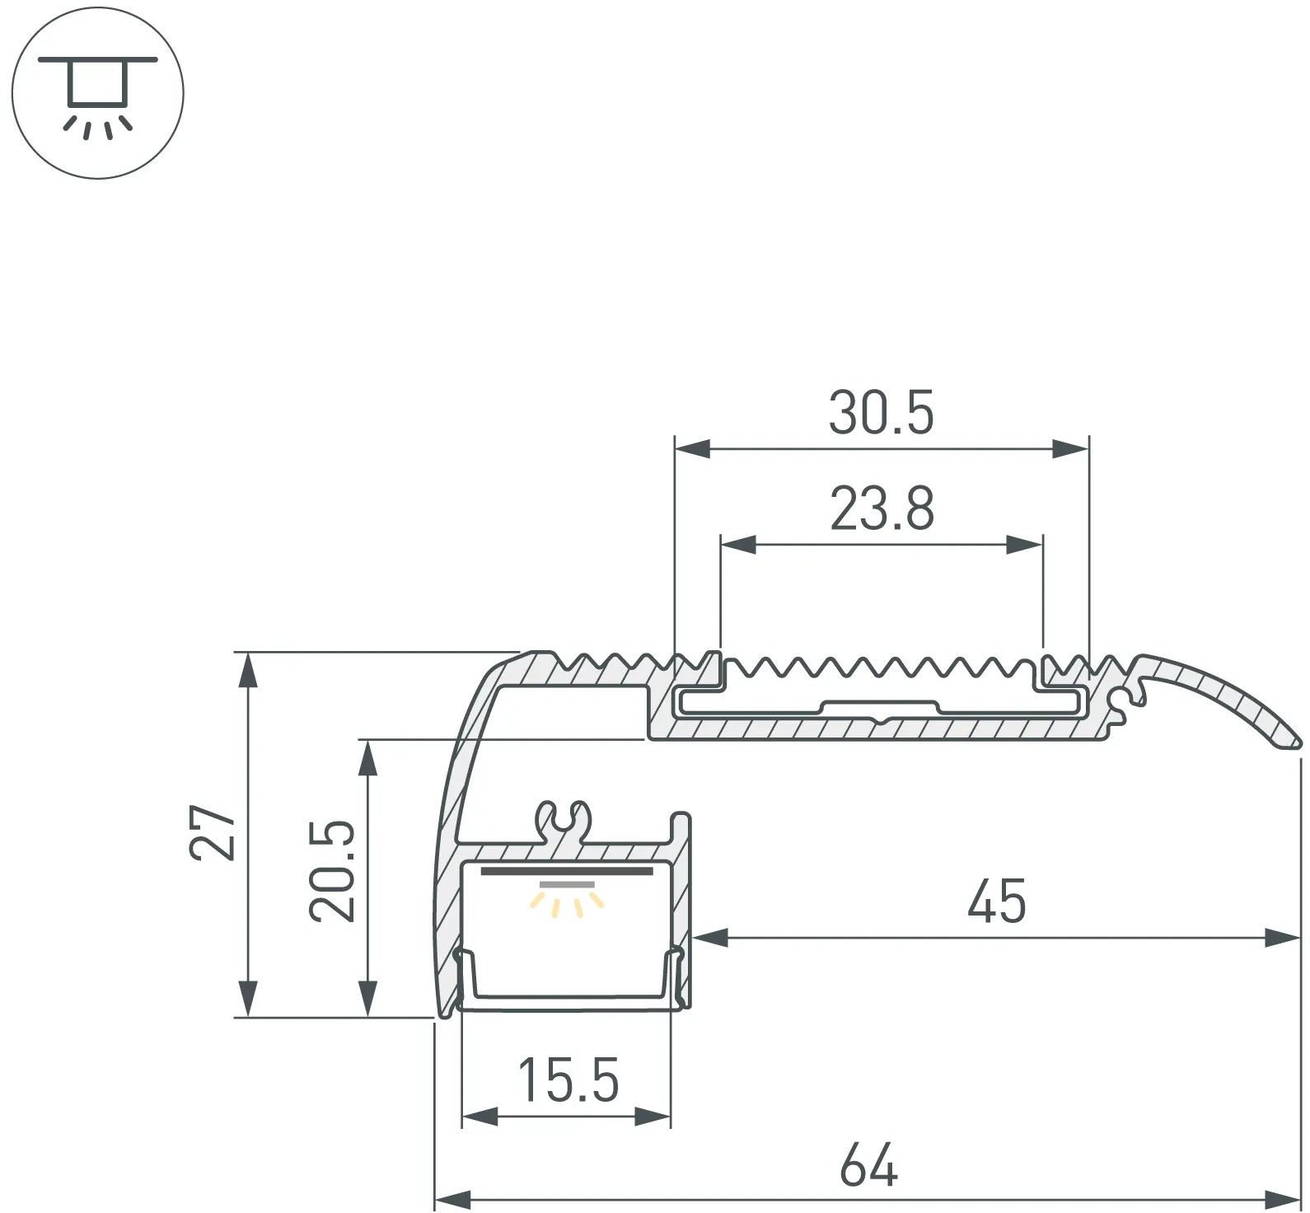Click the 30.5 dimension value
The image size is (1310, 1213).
[x=881, y=413]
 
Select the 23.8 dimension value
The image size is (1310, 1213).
[x=882, y=508]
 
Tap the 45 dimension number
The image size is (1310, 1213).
[x=997, y=901]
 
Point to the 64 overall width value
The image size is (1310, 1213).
[x=868, y=1165]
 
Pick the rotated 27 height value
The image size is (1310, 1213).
[x=213, y=833]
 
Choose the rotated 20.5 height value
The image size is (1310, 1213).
[x=332, y=870]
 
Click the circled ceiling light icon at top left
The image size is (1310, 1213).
[x=98, y=92]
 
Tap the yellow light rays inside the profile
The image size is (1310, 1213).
[x=567, y=904]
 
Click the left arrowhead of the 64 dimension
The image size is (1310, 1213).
[x=452, y=1199]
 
